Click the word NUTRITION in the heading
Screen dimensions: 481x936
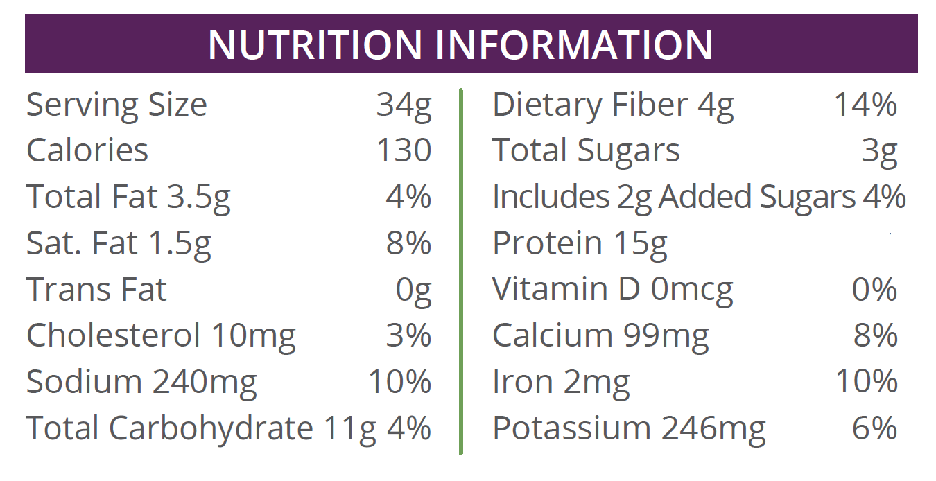tap(315, 44)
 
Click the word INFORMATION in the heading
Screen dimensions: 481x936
tap(573, 44)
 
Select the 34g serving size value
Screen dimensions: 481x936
tap(404, 105)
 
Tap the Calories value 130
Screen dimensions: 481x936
tap(404, 150)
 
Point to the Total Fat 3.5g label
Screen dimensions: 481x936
tap(128, 197)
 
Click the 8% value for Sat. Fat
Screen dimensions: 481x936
tap(408, 243)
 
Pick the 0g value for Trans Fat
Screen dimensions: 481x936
tap(413, 290)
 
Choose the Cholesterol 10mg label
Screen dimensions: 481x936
tap(161, 336)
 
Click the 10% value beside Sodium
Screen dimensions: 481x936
tap(400, 382)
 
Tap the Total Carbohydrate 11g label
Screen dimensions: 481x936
tap(201, 428)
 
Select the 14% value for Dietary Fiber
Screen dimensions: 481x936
tap(865, 105)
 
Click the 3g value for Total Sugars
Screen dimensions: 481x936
tap(879, 150)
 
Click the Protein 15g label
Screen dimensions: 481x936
tap(580, 243)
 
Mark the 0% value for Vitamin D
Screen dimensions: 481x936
tap(874, 290)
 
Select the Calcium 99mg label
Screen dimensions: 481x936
tap(600, 336)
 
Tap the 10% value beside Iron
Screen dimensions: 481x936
tap(867, 382)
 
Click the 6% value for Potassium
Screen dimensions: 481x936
tap(874, 428)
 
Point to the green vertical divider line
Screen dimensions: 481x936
tap(460, 270)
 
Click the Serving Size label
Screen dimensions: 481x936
tap(116, 105)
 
